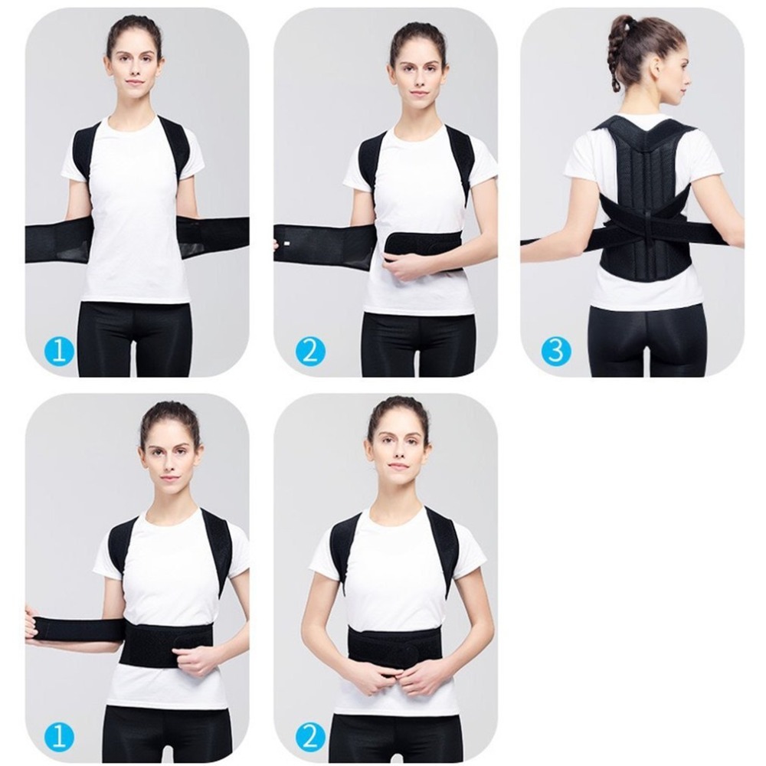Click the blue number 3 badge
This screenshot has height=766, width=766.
pyautogui.click(x=555, y=351)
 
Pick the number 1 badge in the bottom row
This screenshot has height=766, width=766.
pyautogui.click(x=60, y=736)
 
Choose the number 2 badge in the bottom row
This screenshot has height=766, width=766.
pyautogui.click(x=310, y=736)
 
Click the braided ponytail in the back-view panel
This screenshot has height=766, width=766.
pyautogui.click(x=616, y=54)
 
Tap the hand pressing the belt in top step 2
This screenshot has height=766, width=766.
pyautogui.click(x=405, y=265)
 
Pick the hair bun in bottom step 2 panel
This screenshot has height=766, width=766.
pyautogui.click(x=398, y=404)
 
